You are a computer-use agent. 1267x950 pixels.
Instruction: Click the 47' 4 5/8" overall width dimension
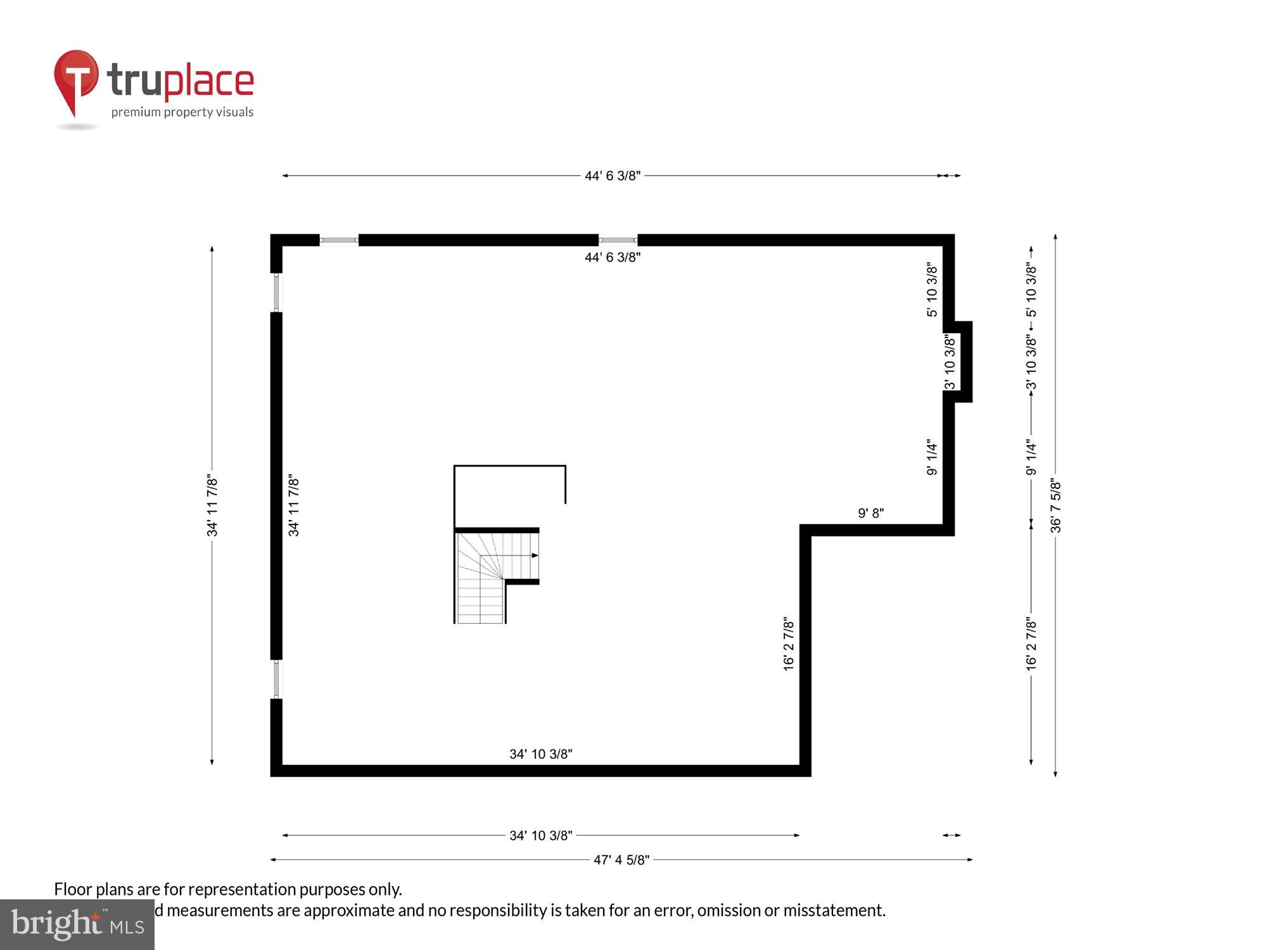click(621, 860)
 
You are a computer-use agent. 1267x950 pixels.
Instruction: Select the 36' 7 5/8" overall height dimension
click(1056, 505)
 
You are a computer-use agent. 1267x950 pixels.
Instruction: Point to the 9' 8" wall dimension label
click(870, 514)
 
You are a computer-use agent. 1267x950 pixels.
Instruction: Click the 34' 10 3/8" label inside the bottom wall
click(540, 754)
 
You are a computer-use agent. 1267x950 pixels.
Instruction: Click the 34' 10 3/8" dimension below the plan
click(540, 836)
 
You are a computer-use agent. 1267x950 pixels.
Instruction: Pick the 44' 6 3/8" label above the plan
click(612, 176)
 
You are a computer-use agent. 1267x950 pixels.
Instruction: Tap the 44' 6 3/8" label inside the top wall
click(612, 257)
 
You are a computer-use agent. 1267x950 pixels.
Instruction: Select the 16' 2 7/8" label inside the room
click(789, 643)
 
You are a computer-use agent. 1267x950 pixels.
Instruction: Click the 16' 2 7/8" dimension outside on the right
click(1031, 643)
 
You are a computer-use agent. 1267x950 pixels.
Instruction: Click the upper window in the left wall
click(276, 292)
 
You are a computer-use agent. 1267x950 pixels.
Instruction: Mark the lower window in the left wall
click(276, 680)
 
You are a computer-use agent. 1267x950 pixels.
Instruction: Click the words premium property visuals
click(182, 113)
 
